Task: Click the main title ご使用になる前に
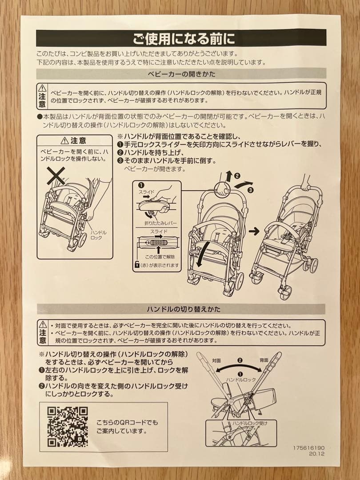coord(181,39)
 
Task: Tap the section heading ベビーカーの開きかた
coord(181,74)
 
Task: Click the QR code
coord(68,427)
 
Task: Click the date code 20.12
coord(318,454)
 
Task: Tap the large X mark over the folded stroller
coord(56,176)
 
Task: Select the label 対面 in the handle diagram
coord(216,360)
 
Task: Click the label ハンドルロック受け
coord(250,423)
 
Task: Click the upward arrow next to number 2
coord(228,176)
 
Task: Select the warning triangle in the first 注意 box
coord(42,88)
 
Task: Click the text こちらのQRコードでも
coord(127,422)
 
